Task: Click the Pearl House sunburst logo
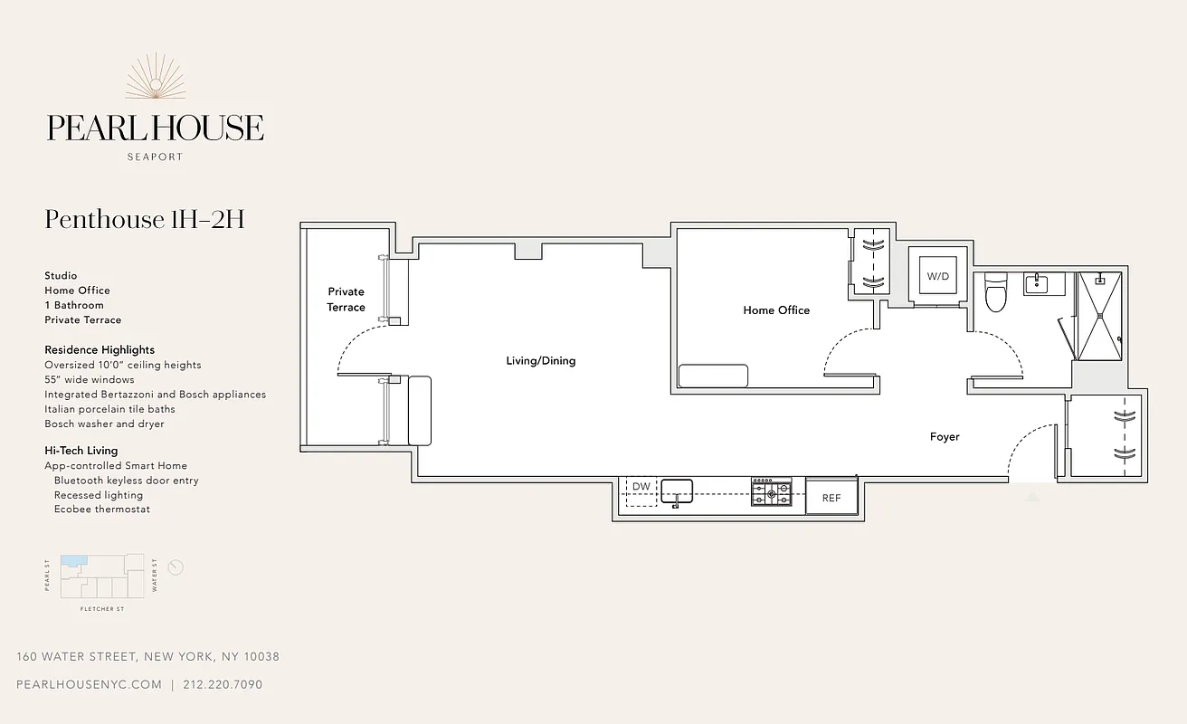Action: (x=155, y=77)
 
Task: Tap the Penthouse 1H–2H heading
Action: (x=145, y=220)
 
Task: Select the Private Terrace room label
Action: (x=346, y=300)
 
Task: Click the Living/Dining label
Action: (x=540, y=361)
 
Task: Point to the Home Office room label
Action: (x=776, y=310)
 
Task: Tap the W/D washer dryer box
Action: (x=938, y=276)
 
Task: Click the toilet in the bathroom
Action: (x=995, y=292)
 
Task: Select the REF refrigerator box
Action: (x=831, y=498)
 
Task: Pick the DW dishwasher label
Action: (x=641, y=487)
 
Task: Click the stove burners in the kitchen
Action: (x=771, y=492)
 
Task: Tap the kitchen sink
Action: (x=677, y=491)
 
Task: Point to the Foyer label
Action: (x=945, y=437)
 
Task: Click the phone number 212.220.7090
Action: (x=223, y=685)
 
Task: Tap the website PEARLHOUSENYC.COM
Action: (x=89, y=685)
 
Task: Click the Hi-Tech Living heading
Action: (x=81, y=451)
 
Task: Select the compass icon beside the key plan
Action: (x=176, y=567)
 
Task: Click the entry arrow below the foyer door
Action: (x=1032, y=497)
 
